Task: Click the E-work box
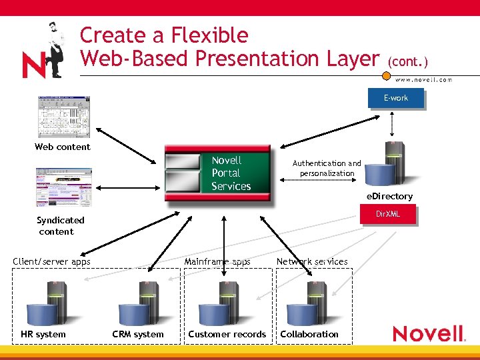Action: click(395, 98)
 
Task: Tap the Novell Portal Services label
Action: click(231, 173)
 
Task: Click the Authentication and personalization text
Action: click(327, 168)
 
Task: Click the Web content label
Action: click(62, 147)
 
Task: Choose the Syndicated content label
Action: click(60, 225)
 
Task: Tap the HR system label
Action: click(43, 334)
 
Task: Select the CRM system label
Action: click(138, 334)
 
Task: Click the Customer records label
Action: click(227, 334)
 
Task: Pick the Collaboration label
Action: click(309, 334)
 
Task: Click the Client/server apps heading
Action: click(51, 261)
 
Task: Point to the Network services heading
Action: click(312, 261)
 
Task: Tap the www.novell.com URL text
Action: click(423, 79)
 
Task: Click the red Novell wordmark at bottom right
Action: click(428, 333)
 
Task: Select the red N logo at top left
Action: click(34, 64)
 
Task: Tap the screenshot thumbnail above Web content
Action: click(64, 117)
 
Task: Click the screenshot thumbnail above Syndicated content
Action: click(64, 187)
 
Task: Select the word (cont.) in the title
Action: click(407, 61)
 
